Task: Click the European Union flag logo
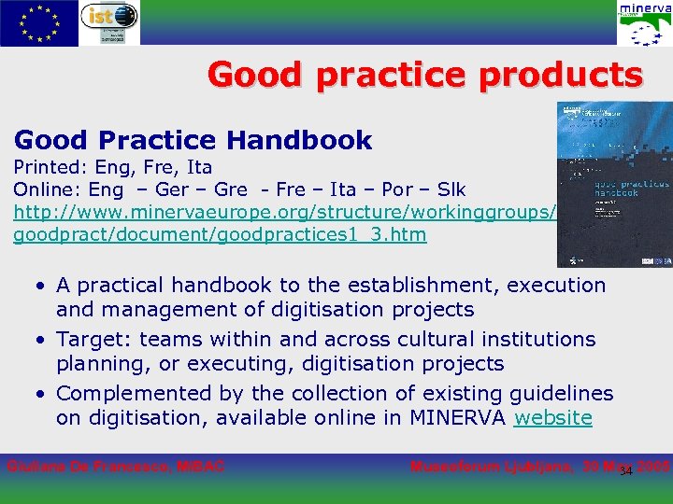click(x=39, y=22)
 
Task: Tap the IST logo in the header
click(x=110, y=22)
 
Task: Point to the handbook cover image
click(x=613, y=184)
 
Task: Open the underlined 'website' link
click(x=552, y=417)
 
